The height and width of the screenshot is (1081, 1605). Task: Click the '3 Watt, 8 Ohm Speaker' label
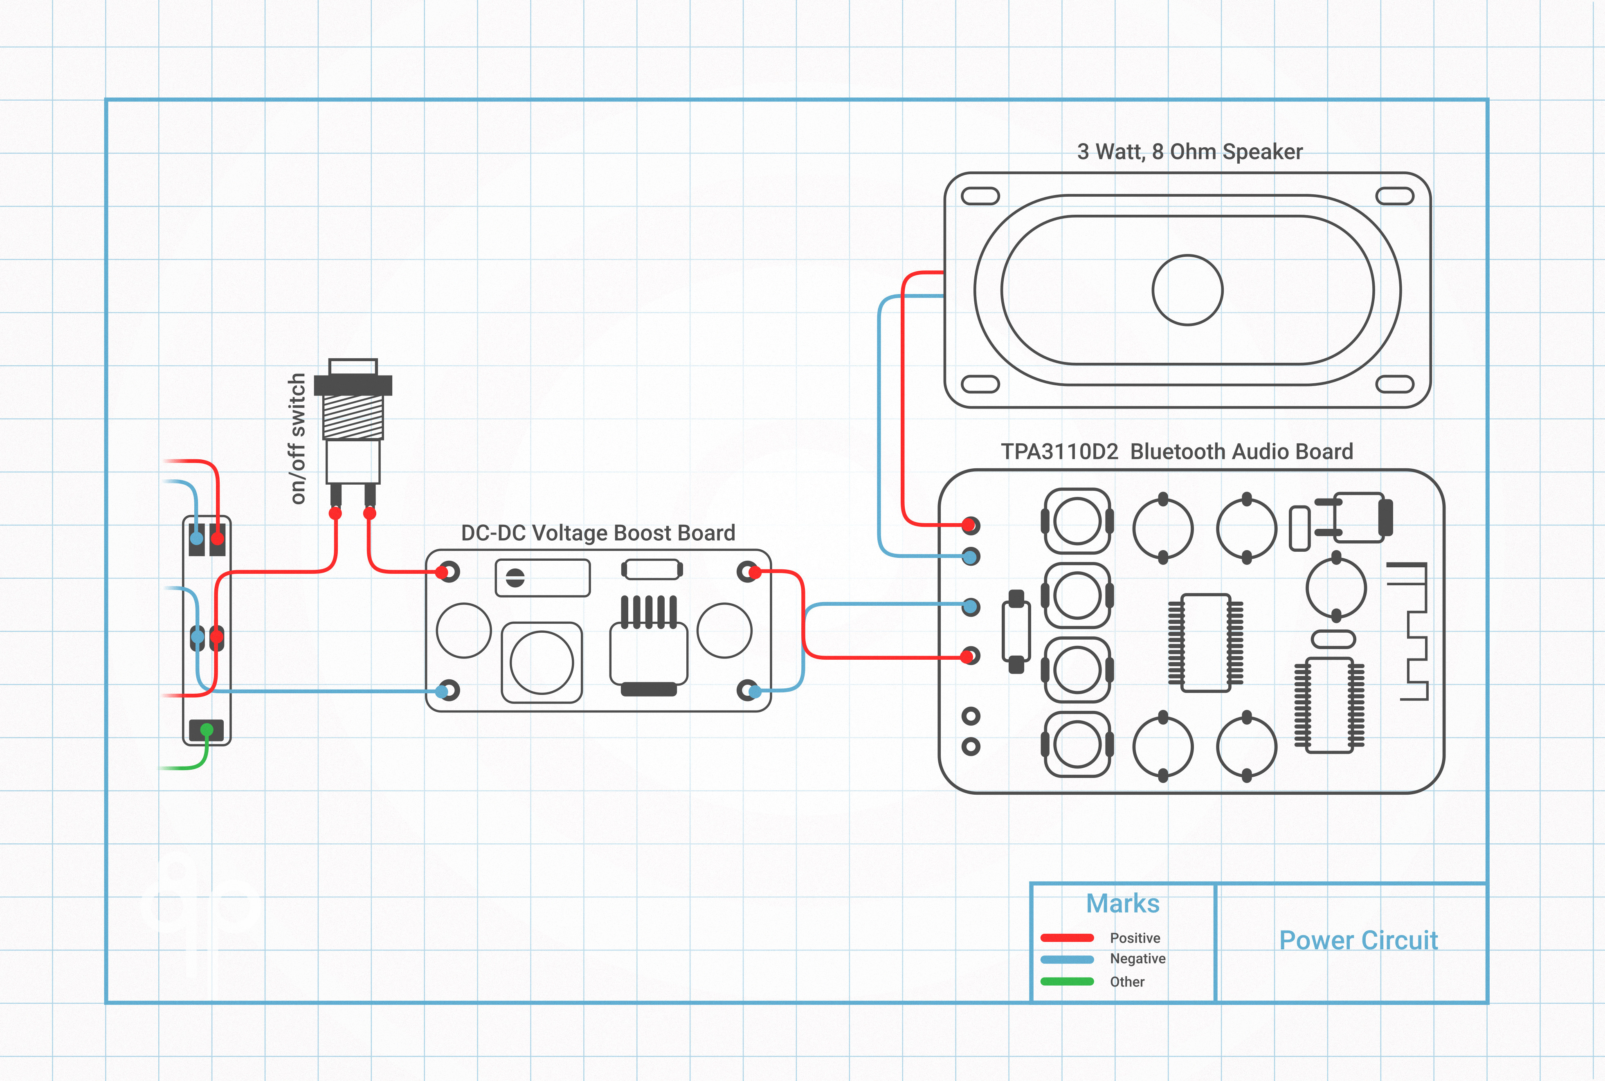1189,152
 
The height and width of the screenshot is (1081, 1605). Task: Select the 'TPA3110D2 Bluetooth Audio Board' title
1176,452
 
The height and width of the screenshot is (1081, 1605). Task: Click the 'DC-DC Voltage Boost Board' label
598,533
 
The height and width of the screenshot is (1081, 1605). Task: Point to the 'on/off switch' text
297,438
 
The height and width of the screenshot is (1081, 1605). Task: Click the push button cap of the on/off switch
353,366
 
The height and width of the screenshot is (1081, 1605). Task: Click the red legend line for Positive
1067,937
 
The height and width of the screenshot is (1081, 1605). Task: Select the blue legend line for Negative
1067,959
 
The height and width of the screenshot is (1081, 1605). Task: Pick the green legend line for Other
1067,981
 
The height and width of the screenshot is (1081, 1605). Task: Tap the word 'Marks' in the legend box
1122,903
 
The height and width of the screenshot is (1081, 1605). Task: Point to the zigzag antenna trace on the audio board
1410,631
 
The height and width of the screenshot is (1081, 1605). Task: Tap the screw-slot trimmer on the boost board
515,578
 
